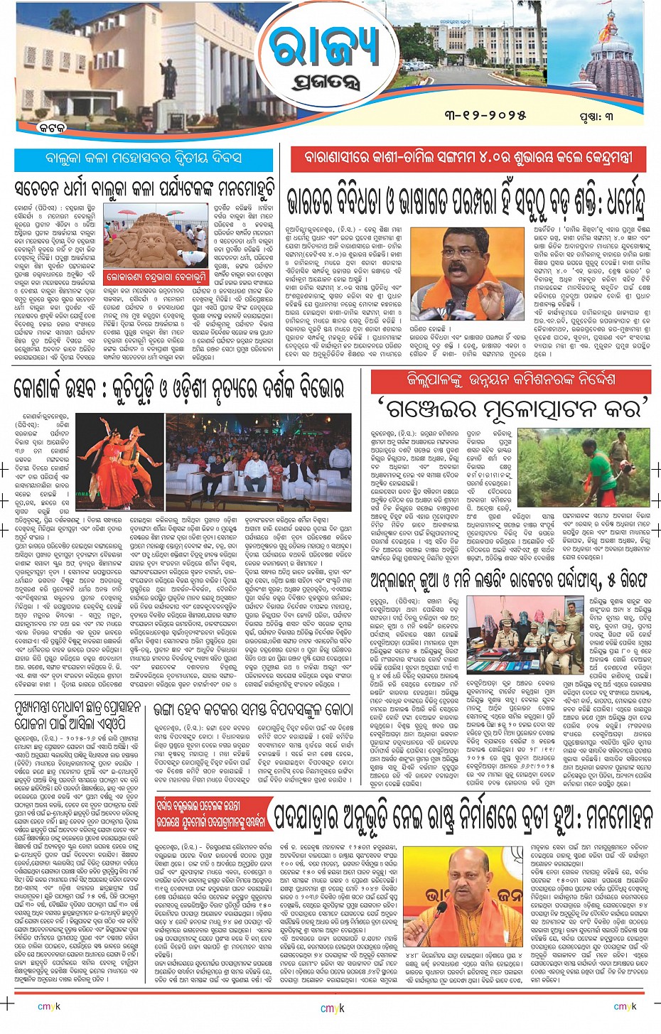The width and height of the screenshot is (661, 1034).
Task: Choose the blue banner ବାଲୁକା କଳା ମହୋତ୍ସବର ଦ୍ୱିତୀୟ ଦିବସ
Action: pos(144,158)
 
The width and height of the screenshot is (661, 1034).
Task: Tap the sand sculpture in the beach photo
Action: pos(153,238)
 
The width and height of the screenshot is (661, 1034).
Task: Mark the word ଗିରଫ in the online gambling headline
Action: pos(626,578)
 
